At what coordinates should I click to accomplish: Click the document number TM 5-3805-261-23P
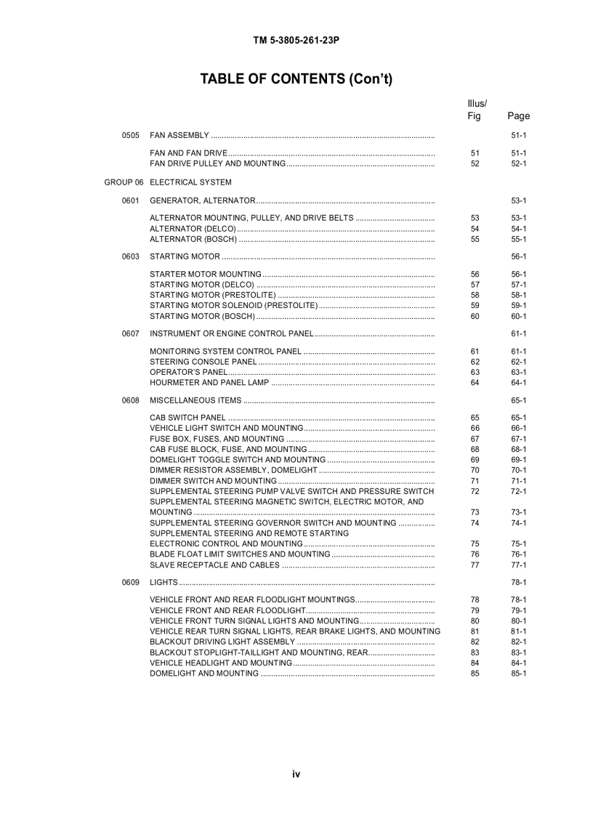pos(296,41)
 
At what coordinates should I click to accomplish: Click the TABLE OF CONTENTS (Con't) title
pos(296,79)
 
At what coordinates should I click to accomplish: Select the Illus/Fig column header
pos(476,109)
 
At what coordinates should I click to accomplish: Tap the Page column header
pos(518,116)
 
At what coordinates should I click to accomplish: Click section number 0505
pos(131,136)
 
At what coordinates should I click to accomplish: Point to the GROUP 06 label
pos(124,182)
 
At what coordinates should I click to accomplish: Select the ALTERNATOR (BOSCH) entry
pos(193,239)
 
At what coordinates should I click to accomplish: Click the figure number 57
pos(475,285)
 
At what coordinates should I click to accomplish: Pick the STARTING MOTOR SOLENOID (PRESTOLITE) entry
pos(233,306)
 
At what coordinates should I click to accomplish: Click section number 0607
pos(131,334)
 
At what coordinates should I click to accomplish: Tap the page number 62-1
pos(518,362)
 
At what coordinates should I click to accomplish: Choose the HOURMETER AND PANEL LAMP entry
pos(209,383)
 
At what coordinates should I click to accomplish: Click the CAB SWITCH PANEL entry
pos(187,418)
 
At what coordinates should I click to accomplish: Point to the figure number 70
pos(475,470)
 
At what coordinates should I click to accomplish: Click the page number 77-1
pos(518,565)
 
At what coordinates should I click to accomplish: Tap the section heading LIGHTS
pos(164,583)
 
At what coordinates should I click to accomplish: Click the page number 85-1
pos(518,674)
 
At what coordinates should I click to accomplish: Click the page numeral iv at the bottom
pos(296,775)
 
